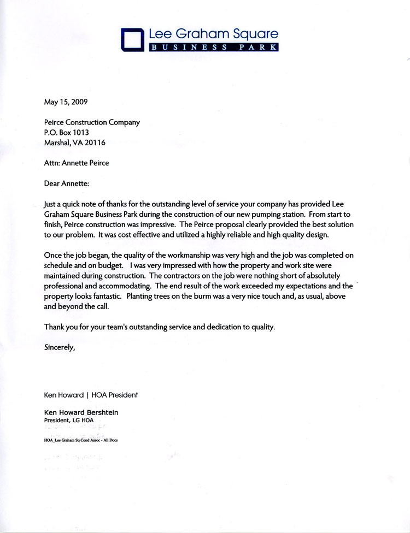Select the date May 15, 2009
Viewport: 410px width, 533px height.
point(65,101)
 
